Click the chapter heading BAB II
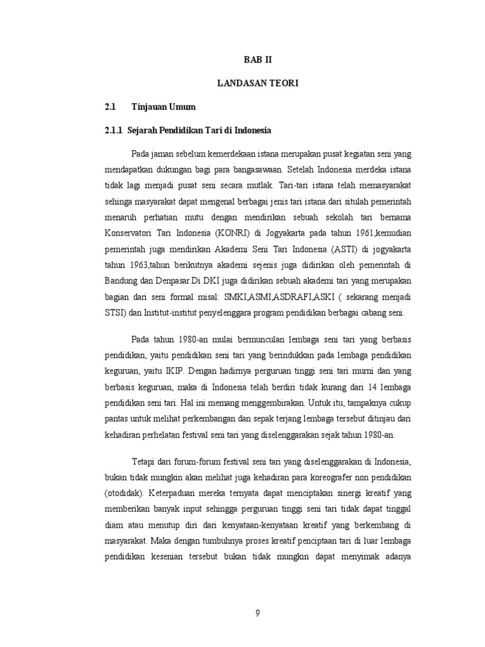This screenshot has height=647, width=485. [x=261, y=60]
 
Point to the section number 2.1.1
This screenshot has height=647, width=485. [x=114, y=131]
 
